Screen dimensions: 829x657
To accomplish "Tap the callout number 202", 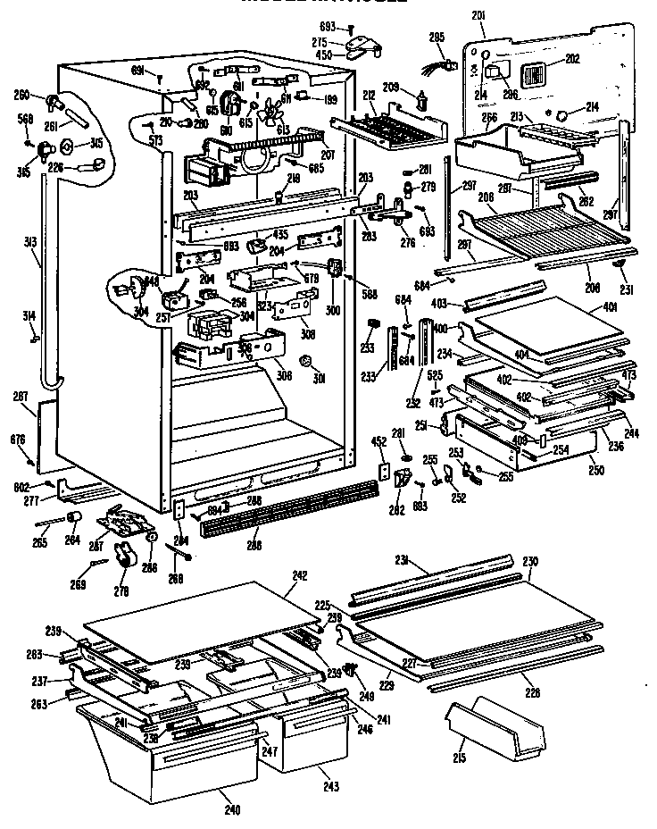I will click(572, 60).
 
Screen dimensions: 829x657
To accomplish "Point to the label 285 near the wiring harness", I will click(437, 38).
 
